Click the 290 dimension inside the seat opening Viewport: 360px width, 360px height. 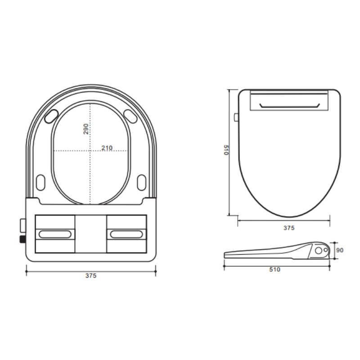[x=86, y=129]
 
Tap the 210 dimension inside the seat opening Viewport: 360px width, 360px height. [x=107, y=148]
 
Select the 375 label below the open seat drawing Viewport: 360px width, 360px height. [x=91, y=276]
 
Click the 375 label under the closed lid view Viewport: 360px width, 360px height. [x=289, y=228]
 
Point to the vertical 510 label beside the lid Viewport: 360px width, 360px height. [x=226, y=150]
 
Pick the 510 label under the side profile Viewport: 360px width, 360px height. [x=274, y=270]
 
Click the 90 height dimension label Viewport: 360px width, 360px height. [x=340, y=250]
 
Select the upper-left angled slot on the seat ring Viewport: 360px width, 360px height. [x=51, y=115]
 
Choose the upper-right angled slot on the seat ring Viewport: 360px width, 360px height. [x=130, y=115]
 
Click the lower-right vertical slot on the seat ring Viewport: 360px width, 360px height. [x=141, y=182]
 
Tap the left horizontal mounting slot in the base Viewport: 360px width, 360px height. [x=55, y=234]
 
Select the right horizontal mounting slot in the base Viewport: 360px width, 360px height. [x=126, y=234]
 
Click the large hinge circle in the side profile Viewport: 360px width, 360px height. [x=319, y=250]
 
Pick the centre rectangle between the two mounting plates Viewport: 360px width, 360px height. [x=91, y=234]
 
